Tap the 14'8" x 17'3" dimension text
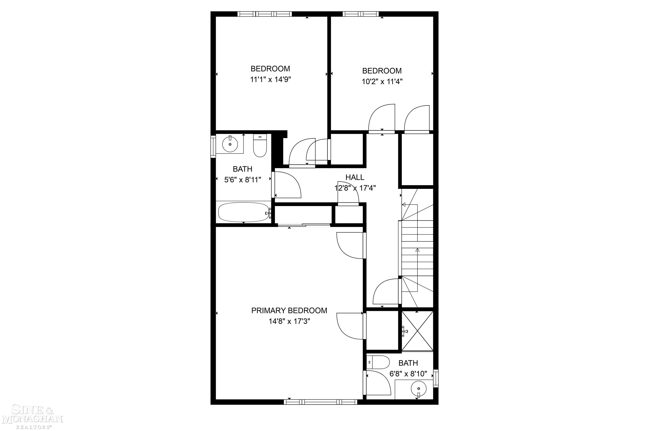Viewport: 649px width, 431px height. (x=289, y=321)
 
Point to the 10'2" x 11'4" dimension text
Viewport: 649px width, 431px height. (x=382, y=82)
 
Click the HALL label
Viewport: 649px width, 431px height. (x=355, y=177)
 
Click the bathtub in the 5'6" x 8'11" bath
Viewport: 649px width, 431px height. (x=243, y=212)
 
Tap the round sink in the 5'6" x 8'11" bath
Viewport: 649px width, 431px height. (x=230, y=144)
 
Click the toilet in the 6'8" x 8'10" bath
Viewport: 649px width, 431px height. (x=378, y=362)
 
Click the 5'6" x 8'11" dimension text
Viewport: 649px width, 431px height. (x=242, y=180)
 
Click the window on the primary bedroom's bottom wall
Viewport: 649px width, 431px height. (x=320, y=402)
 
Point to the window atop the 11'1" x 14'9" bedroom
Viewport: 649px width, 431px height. (x=264, y=14)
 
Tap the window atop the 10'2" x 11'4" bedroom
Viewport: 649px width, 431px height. (x=360, y=14)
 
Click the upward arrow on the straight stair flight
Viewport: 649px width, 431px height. (x=417, y=250)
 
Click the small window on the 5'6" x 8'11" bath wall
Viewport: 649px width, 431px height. (x=213, y=146)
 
